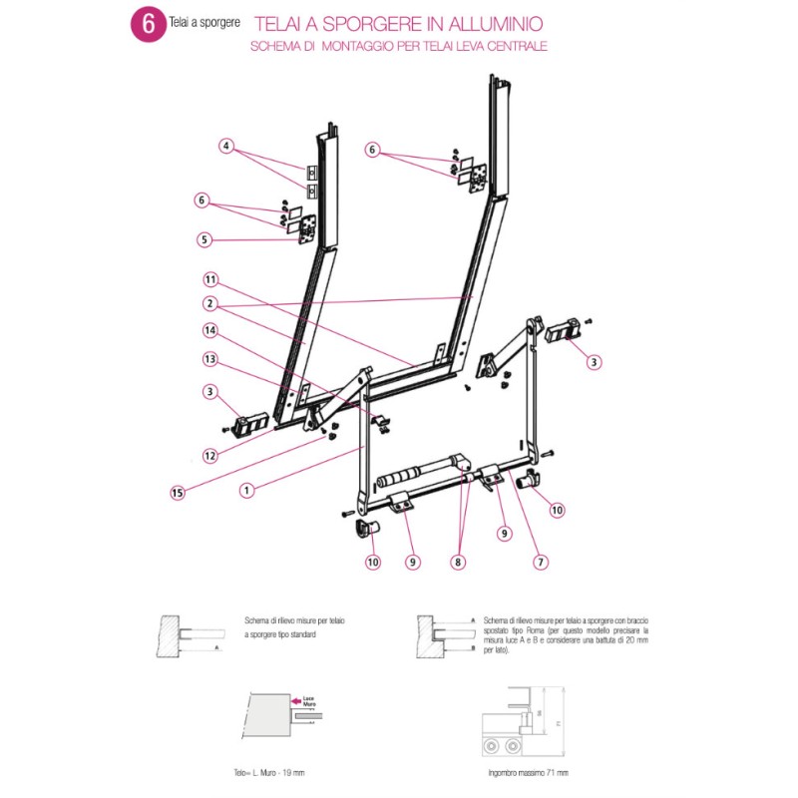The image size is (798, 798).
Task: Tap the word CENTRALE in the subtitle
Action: click(x=519, y=46)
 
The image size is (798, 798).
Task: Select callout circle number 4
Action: click(x=227, y=146)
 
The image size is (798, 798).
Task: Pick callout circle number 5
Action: click(x=205, y=239)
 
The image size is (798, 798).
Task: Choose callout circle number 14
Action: click(x=209, y=330)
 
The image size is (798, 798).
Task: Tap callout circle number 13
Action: click(x=209, y=358)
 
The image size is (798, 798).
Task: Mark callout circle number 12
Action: click(x=209, y=456)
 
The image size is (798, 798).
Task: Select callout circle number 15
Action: click(x=178, y=491)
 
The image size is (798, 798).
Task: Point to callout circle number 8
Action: click(x=458, y=563)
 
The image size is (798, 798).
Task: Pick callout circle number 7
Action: click(x=541, y=563)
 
